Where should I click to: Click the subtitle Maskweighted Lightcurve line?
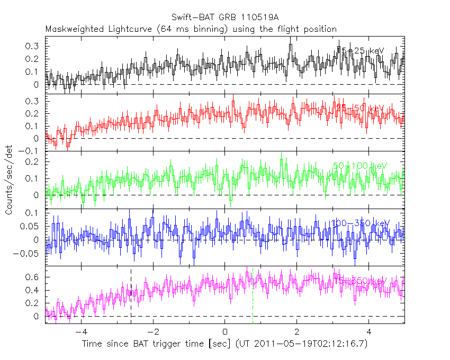point(191,29)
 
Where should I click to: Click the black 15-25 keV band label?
point(360,51)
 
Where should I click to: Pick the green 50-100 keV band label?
point(360,166)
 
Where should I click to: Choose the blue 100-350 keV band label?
point(359,223)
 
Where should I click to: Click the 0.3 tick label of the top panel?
point(33,46)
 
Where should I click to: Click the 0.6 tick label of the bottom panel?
point(33,277)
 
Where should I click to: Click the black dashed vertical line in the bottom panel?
point(131,296)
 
